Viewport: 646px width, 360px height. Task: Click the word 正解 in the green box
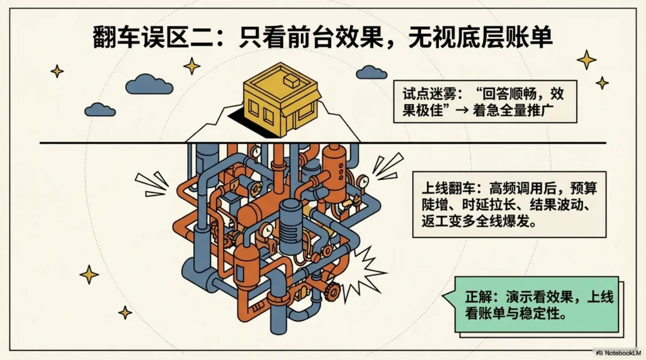477,297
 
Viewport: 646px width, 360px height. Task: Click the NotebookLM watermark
618,353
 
